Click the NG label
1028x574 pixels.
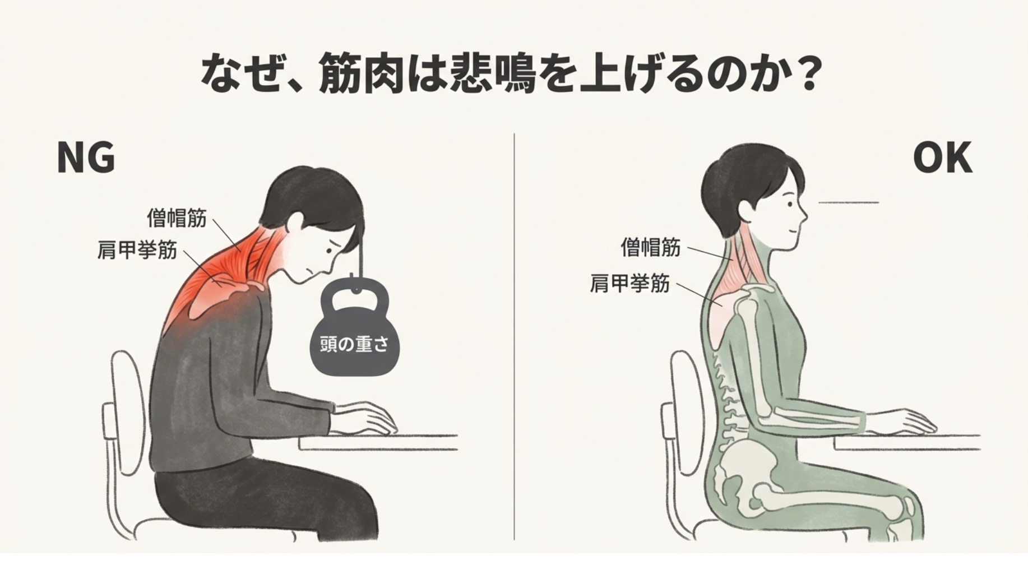(x=86, y=158)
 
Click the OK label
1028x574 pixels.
(x=942, y=158)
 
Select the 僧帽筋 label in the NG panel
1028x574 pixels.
(x=177, y=218)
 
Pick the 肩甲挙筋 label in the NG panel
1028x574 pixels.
(x=137, y=249)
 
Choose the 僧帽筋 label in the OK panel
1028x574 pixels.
(x=651, y=247)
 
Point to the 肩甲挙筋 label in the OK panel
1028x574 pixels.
(x=629, y=284)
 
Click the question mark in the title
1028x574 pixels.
(x=808, y=73)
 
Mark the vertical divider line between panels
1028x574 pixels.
(x=514, y=336)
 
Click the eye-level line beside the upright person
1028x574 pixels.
(x=849, y=202)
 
